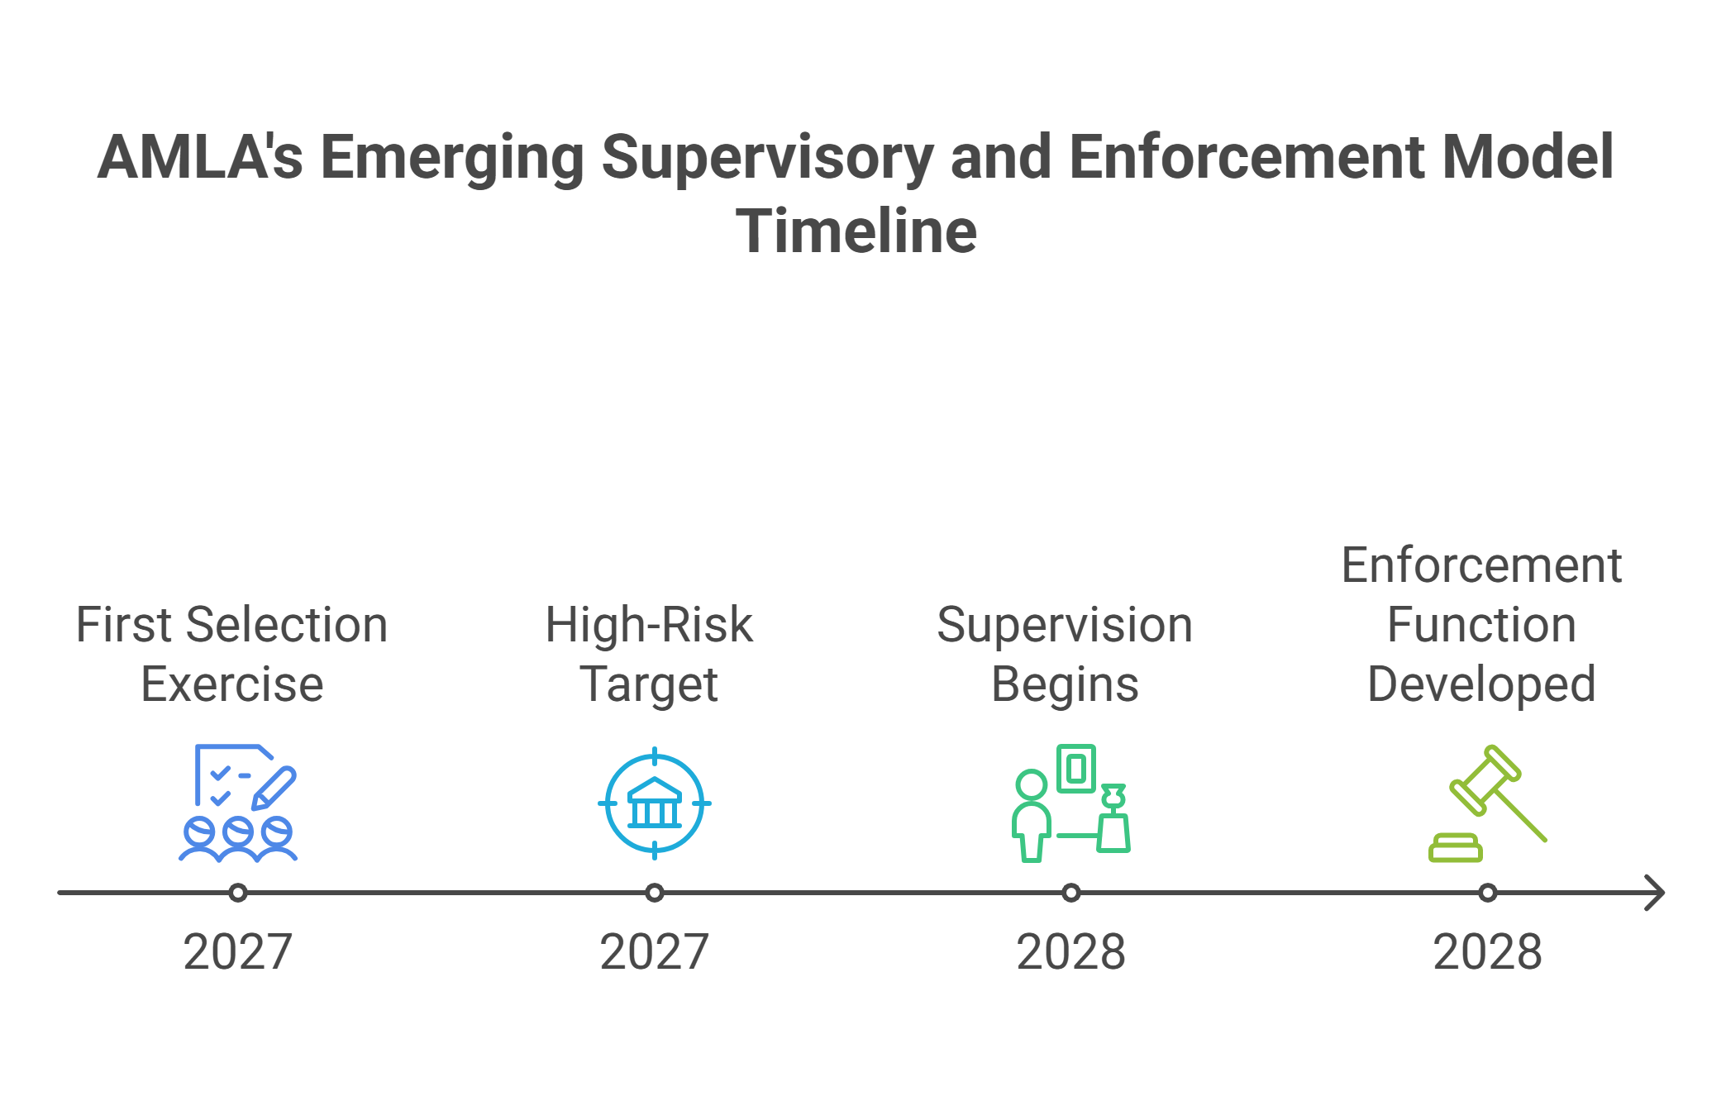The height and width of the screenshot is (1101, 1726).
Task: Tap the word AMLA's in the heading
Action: click(x=200, y=156)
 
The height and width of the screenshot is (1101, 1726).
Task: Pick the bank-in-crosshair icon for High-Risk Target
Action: click(x=655, y=803)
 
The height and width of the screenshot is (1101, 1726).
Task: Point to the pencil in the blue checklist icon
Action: click(x=274, y=789)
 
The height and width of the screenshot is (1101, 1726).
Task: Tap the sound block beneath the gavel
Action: click(x=1456, y=848)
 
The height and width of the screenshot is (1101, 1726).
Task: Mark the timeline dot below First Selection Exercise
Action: click(x=238, y=893)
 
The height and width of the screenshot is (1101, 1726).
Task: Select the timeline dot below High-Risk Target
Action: click(x=655, y=893)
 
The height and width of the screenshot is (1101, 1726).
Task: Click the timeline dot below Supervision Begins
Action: click(x=1071, y=893)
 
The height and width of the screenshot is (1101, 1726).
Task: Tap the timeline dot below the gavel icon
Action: click(x=1488, y=893)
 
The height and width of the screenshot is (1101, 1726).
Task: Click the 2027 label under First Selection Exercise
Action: click(x=238, y=951)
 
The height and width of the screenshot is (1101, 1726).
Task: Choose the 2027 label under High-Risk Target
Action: click(x=655, y=951)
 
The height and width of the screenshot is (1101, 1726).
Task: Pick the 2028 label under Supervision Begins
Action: click(x=1071, y=951)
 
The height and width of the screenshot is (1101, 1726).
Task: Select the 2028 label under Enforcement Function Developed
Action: click(x=1488, y=951)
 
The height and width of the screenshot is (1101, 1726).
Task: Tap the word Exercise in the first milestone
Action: click(x=232, y=684)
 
